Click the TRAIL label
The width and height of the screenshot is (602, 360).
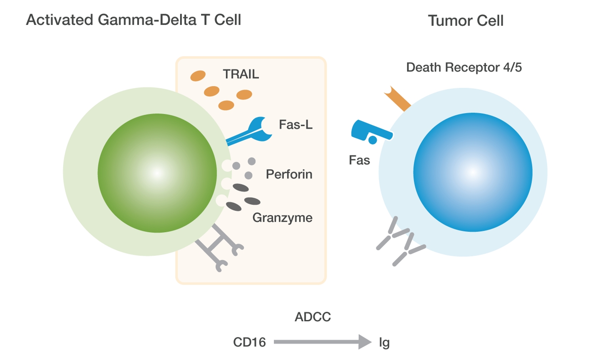click(x=241, y=74)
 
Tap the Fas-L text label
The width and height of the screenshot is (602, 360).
click(x=295, y=125)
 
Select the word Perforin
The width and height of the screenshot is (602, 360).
click(x=289, y=174)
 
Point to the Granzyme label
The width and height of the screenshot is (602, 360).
click(x=282, y=218)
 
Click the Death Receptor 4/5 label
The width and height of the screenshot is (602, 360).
click(x=464, y=67)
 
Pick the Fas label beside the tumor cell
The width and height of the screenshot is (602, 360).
click(x=359, y=160)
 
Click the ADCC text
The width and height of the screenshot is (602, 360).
click(x=313, y=317)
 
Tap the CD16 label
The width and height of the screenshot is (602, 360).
click(x=249, y=342)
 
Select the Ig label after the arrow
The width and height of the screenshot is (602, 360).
click(x=384, y=342)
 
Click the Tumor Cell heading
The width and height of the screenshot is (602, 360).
click(x=465, y=21)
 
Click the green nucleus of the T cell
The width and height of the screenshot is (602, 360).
click(x=157, y=173)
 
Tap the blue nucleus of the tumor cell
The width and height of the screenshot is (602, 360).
click(x=473, y=172)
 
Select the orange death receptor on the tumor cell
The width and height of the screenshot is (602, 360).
click(x=397, y=98)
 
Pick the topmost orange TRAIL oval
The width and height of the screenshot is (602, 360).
click(x=198, y=76)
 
